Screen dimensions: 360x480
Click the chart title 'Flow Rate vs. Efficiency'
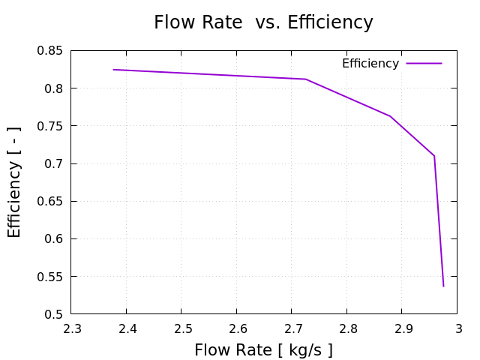pos(263,22)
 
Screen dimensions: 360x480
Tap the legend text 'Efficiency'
pos(370,64)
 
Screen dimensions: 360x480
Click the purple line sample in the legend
pos(424,64)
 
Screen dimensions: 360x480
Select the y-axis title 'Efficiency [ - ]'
pos(15,182)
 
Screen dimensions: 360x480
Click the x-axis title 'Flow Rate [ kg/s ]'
pos(263,349)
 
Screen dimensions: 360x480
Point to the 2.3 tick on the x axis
pos(71,328)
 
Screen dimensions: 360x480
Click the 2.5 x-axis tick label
pos(181,328)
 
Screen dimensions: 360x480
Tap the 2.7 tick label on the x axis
pos(292,328)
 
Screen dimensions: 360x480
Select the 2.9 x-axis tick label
pos(402,328)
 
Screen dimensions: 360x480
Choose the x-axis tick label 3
pos(457,328)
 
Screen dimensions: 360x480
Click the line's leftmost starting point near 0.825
pos(113,70)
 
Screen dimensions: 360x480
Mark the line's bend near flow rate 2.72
pos(305,79)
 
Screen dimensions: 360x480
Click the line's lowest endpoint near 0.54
pos(443,286)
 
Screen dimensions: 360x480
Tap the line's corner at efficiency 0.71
pos(434,155)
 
